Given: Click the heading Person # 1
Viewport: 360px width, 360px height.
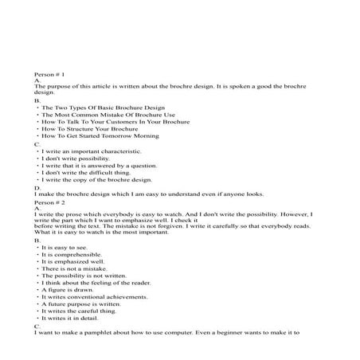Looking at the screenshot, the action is pos(49,72).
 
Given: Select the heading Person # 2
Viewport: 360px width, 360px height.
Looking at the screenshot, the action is pos(49,202).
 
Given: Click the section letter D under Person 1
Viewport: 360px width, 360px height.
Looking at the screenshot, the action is pos(37,187).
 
